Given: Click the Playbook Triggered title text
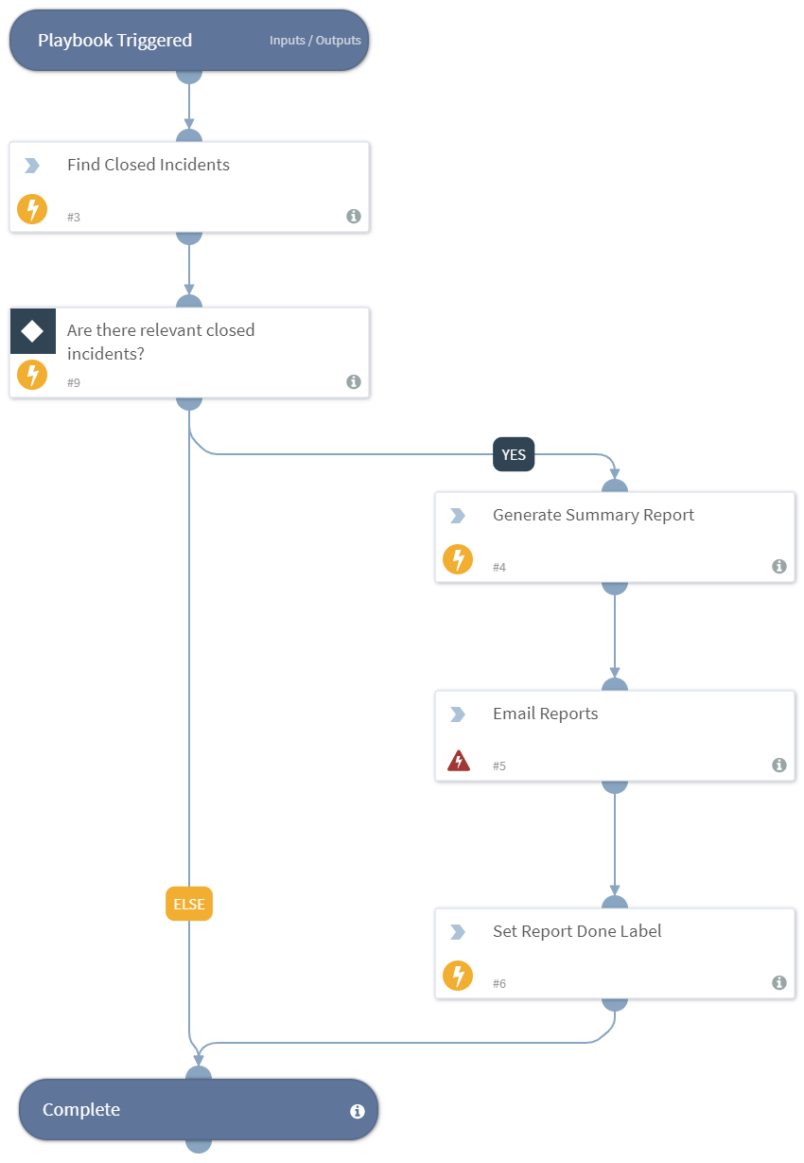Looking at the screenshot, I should point(114,41).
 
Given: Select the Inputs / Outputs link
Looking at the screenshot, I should point(315,41).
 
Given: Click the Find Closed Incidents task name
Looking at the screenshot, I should point(148,165).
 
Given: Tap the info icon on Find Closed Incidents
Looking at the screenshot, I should point(354,216).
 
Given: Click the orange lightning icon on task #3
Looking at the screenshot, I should point(32,209).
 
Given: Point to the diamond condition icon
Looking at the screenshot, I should point(32,330).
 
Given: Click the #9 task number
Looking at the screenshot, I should point(74,382).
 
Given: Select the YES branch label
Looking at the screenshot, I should point(514,455).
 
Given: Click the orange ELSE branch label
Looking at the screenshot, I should point(189,904).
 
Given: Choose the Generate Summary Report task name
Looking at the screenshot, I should point(593,515).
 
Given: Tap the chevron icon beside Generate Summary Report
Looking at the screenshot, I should point(458,516).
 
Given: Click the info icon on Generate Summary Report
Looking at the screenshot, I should point(779,566).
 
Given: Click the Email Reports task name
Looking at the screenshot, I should point(545,714).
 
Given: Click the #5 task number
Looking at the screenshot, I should point(499,766).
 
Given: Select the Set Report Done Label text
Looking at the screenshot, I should point(577,931).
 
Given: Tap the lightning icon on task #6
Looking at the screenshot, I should point(458,976).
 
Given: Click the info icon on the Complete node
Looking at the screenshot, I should point(358,1111).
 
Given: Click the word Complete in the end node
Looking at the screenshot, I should point(81,1110).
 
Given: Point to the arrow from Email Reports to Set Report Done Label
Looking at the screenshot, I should point(615,842).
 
